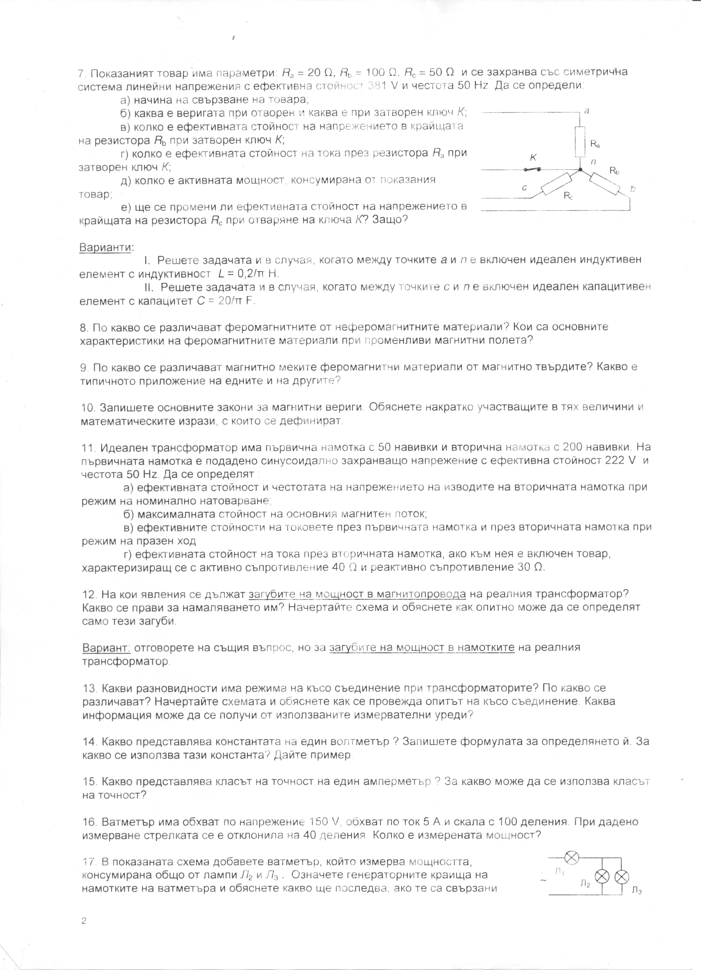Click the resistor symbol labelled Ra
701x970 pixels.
(580, 141)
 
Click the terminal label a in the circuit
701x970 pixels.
(587, 110)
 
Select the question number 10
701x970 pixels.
(89, 407)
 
